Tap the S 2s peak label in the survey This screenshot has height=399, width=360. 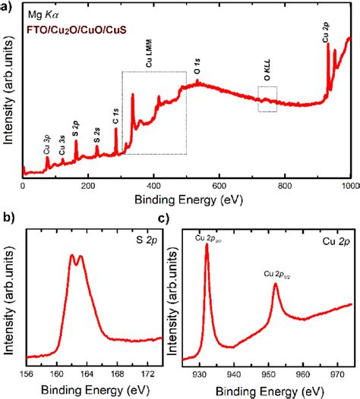[97, 136]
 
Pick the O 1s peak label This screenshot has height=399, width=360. [197, 67]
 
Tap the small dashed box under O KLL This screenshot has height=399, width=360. [267, 99]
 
